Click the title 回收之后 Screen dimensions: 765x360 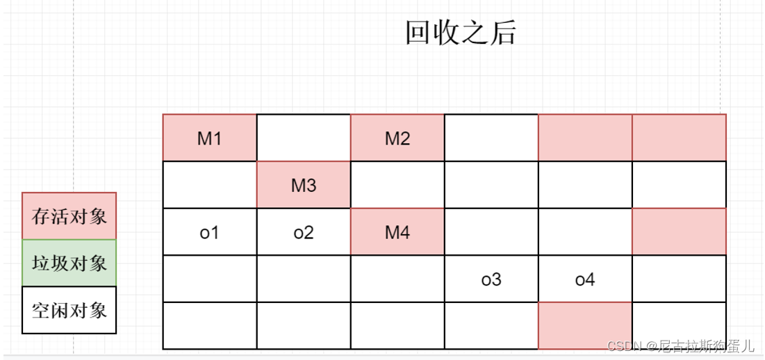(x=461, y=33)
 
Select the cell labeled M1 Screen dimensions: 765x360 (x=210, y=138)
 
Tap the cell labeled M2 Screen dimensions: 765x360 (x=397, y=138)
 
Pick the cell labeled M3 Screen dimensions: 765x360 (x=304, y=186)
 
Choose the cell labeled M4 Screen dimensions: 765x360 (x=397, y=232)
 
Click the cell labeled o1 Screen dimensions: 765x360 (x=210, y=232)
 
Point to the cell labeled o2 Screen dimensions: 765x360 (x=304, y=232)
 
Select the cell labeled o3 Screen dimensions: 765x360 (x=491, y=279)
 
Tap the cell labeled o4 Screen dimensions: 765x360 (x=585, y=279)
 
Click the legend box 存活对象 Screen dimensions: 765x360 (x=69, y=216)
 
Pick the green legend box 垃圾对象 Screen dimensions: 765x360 (x=69, y=263)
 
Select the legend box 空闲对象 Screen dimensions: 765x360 (x=69, y=310)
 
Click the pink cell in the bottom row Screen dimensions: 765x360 (x=585, y=326)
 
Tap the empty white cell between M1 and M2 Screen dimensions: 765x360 (x=304, y=138)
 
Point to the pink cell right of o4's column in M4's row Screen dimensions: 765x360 (x=679, y=232)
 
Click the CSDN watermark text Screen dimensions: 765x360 (x=680, y=345)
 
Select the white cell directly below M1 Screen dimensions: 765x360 (x=210, y=186)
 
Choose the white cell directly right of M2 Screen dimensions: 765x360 (x=491, y=138)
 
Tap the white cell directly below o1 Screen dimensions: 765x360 (x=210, y=279)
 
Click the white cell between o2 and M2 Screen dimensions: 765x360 (x=397, y=186)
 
